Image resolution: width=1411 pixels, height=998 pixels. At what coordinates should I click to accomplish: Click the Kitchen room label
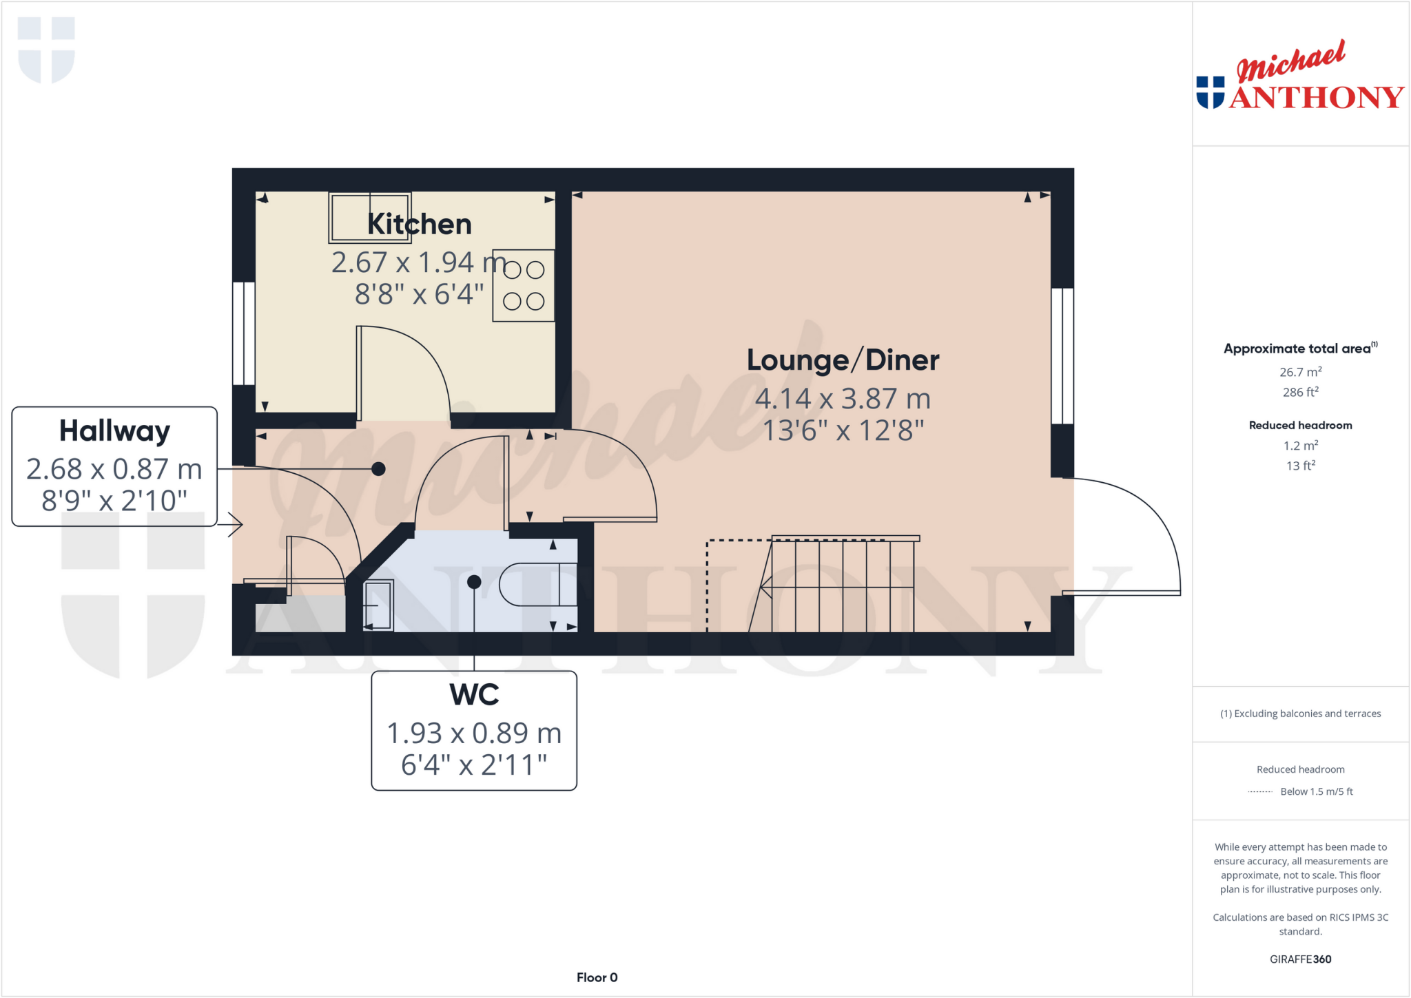419,225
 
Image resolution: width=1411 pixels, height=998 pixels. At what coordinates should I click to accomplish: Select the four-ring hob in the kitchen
524,285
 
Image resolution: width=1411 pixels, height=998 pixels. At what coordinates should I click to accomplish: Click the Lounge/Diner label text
843,360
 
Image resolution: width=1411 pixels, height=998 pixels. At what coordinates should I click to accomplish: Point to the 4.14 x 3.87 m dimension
843,399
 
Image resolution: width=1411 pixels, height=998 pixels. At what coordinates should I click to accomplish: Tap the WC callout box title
474,694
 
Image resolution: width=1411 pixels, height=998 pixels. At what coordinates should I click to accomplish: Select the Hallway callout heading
114,431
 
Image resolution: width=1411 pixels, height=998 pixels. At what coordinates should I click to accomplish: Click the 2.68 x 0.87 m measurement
114,469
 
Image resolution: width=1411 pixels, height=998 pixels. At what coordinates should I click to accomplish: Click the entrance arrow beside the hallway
233,525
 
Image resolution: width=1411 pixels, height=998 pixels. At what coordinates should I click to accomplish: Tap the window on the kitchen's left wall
244,333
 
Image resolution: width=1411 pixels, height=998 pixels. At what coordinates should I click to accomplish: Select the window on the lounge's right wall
1062,355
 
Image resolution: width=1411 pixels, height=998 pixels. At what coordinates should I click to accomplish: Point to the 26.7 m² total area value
1300,372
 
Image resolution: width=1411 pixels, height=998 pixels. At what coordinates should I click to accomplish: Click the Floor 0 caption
597,977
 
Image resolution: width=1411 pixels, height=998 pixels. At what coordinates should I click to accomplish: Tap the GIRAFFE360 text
1300,959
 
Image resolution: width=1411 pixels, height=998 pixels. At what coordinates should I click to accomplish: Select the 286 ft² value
1300,392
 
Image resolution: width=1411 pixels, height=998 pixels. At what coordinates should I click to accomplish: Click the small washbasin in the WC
378,605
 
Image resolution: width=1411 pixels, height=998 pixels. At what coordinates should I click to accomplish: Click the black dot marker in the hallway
378,469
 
